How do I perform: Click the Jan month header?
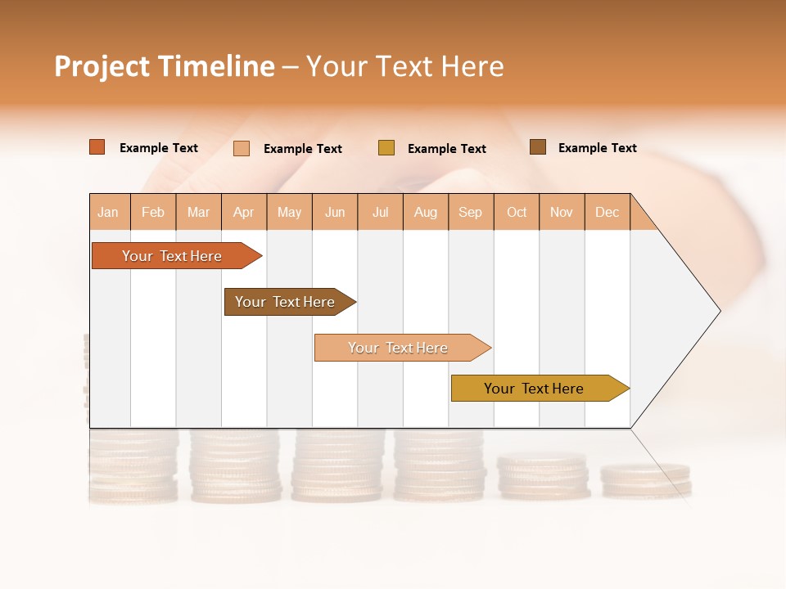click(109, 212)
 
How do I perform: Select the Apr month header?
click(244, 212)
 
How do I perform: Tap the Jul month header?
click(380, 212)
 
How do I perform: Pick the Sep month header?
click(471, 212)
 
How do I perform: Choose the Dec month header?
click(607, 212)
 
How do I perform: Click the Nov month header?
click(562, 212)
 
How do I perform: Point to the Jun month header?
click(335, 212)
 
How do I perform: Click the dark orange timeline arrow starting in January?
click(173, 256)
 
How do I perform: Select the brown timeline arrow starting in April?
click(286, 302)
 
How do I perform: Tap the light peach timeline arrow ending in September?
click(399, 348)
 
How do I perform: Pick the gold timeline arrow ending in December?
click(535, 389)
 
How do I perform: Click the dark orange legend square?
click(97, 147)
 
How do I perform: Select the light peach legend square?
click(242, 148)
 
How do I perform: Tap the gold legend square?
click(386, 148)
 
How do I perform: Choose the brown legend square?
click(538, 147)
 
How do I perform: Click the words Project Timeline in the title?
click(165, 66)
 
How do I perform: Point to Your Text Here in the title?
click(404, 66)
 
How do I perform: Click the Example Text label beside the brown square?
click(597, 148)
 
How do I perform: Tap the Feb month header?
click(153, 212)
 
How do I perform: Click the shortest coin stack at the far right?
click(646, 480)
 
